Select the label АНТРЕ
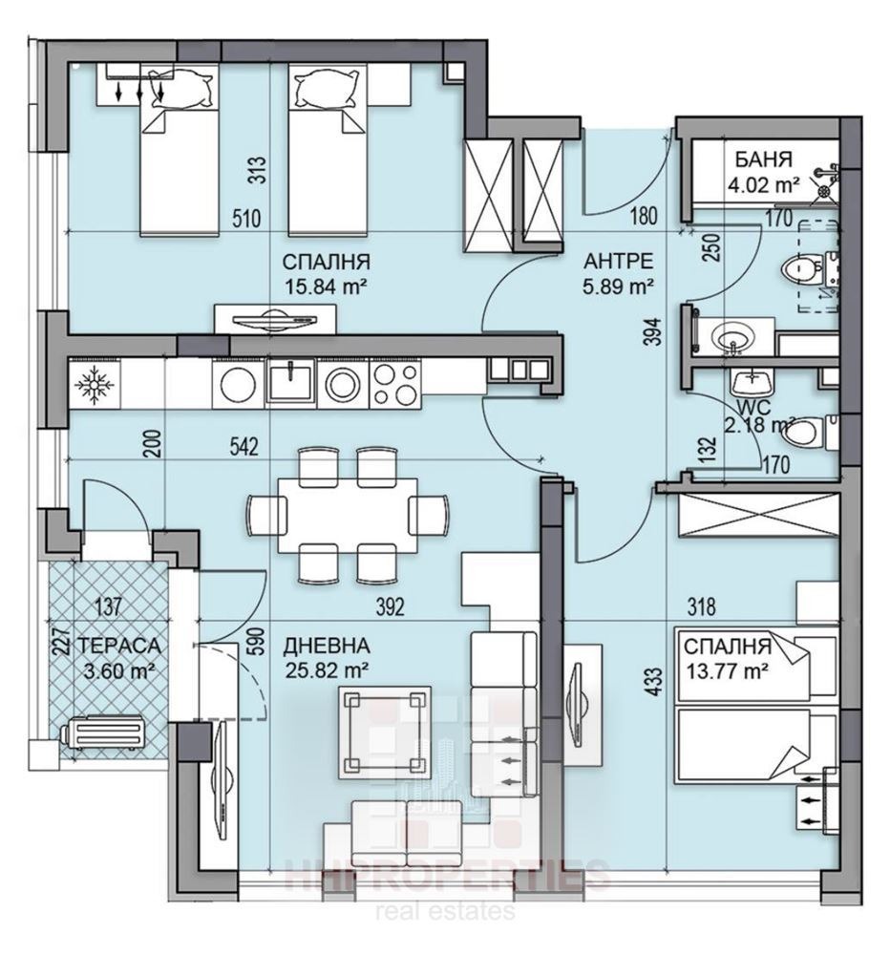click(619, 261)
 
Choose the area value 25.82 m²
click(327, 668)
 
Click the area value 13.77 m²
click(728, 671)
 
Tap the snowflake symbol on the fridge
click(94, 385)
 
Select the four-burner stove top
click(393, 385)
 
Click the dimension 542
click(245, 448)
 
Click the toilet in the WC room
click(804, 433)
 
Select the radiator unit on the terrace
click(103, 737)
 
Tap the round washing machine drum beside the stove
click(341, 385)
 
